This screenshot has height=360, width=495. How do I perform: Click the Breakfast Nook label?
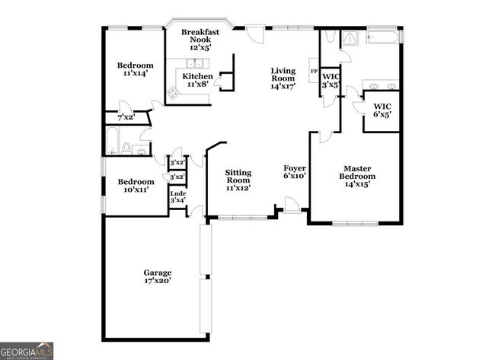[200, 39]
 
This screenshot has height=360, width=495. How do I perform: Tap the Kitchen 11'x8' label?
[197, 81]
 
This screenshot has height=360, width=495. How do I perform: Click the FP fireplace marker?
[314, 72]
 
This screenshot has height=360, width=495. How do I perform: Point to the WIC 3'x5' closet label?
[331, 81]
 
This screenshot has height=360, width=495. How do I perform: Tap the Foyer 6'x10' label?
[295, 172]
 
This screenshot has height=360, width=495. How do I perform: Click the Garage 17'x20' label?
[158, 276]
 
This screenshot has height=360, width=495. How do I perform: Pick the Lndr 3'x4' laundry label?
[177, 197]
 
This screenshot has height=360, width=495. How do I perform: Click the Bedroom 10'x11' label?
[136, 186]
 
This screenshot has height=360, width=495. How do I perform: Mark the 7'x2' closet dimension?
[126, 118]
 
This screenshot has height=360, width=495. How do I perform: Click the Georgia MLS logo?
[27, 350]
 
